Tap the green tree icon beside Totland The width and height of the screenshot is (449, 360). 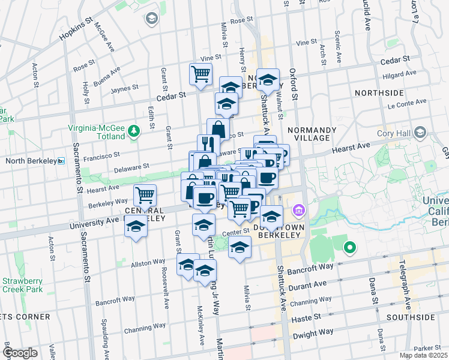136,129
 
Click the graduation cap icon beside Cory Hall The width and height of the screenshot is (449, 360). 420,133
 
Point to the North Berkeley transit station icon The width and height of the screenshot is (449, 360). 61,161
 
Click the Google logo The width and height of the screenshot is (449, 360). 20,353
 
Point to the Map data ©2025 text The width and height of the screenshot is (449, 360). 423,355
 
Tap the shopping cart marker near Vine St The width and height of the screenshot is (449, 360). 200,74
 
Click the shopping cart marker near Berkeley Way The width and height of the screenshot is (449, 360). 145,194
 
